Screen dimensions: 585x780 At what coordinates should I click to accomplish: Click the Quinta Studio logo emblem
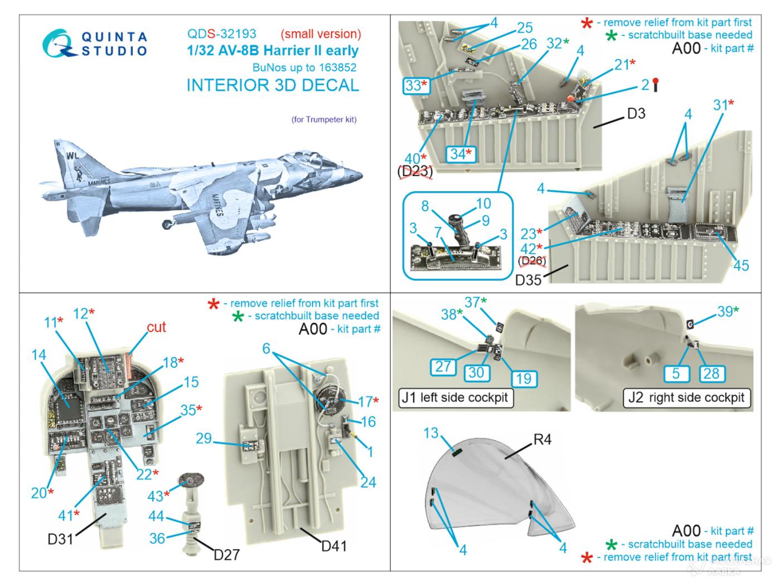click(60, 43)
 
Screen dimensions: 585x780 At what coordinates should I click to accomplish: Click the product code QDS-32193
click(221, 34)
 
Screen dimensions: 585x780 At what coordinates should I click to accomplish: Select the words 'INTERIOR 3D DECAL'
click(272, 85)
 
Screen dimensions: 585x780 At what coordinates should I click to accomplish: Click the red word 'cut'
click(156, 327)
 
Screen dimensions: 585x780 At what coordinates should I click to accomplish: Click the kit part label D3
click(636, 114)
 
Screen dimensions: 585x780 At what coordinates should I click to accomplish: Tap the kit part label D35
click(528, 279)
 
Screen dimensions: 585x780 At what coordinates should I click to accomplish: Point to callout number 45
click(740, 265)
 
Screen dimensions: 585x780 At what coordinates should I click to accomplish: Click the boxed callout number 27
click(443, 367)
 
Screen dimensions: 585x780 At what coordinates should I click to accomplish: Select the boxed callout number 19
click(523, 378)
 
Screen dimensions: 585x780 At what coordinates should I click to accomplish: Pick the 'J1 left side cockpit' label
click(455, 397)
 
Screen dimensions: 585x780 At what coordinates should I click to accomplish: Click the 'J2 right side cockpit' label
click(686, 397)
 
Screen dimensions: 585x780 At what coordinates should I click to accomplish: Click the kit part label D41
click(333, 546)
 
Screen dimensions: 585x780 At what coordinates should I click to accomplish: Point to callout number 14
click(39, 354)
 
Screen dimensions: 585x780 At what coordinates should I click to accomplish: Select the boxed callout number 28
click(711, 373)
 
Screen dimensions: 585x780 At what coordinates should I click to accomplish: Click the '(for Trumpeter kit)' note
click(324, 119)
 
